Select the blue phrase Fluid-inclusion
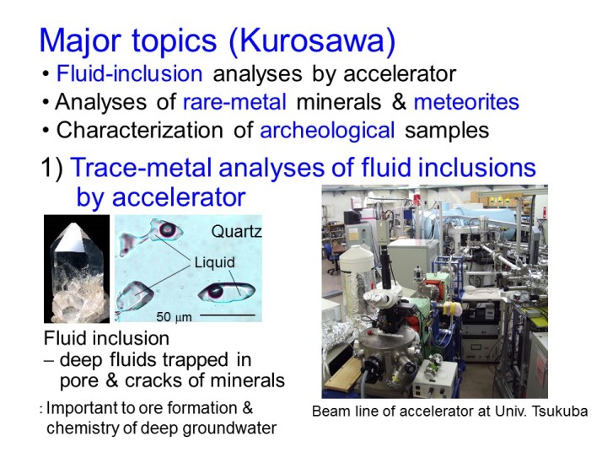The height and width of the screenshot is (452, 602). point(129,73)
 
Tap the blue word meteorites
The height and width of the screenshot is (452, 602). point(466,102)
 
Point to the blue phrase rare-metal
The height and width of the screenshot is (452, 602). point(234,102)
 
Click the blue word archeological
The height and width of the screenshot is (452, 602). point(327,131)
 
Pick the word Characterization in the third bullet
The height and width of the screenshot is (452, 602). point(139,130)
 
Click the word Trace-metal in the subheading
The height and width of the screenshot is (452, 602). point(142,168)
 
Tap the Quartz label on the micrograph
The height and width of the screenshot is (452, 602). point(236,231)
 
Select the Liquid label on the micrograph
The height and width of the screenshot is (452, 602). point(215,262)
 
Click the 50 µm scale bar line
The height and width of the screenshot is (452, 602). point(228,315)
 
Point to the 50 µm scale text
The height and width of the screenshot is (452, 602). point(174,317)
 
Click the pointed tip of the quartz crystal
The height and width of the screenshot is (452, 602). point(72,223)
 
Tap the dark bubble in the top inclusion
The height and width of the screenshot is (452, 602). point(168,229)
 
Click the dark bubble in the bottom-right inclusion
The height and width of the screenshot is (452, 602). point(215,292)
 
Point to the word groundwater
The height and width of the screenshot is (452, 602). point(229,428)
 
